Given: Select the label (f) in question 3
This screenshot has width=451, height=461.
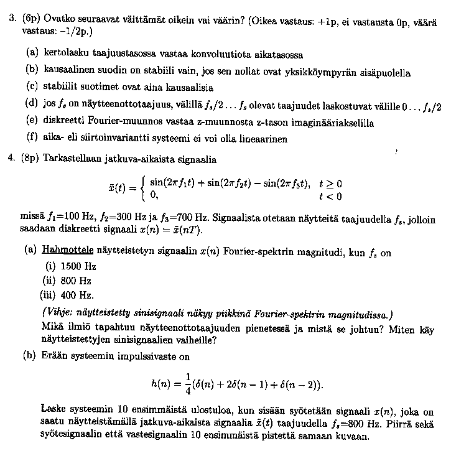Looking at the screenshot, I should pyautogui.click(x=32, y=137).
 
